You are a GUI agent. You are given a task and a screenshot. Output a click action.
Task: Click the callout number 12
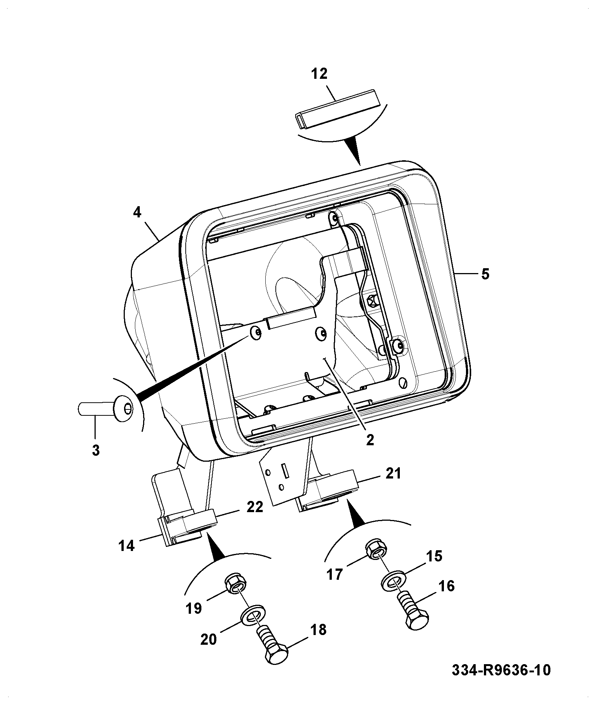[319, 74]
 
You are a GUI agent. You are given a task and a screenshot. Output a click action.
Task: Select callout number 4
[137, 213]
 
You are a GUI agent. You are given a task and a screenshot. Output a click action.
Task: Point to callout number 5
[485, 274]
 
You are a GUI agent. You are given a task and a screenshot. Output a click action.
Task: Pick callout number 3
[96, 450]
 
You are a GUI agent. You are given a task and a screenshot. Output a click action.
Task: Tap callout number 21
[393, 473]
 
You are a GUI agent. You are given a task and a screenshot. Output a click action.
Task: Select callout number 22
[255, 507]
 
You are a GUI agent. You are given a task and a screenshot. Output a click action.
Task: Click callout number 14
[126, 546]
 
